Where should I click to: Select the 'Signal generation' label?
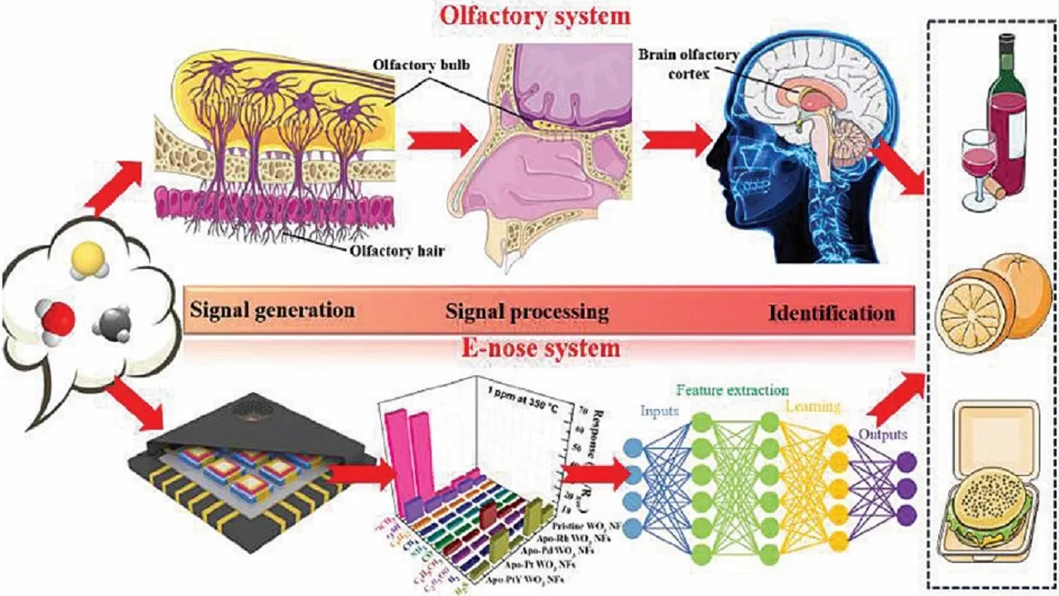point(272,310)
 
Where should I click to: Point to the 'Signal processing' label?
point(528,312)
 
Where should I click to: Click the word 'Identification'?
point(831,314)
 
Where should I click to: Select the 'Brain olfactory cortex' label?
point(676,63)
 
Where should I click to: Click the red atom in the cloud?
point(59,319)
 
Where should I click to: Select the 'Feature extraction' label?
point(732,390)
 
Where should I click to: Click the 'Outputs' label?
point(882,434)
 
